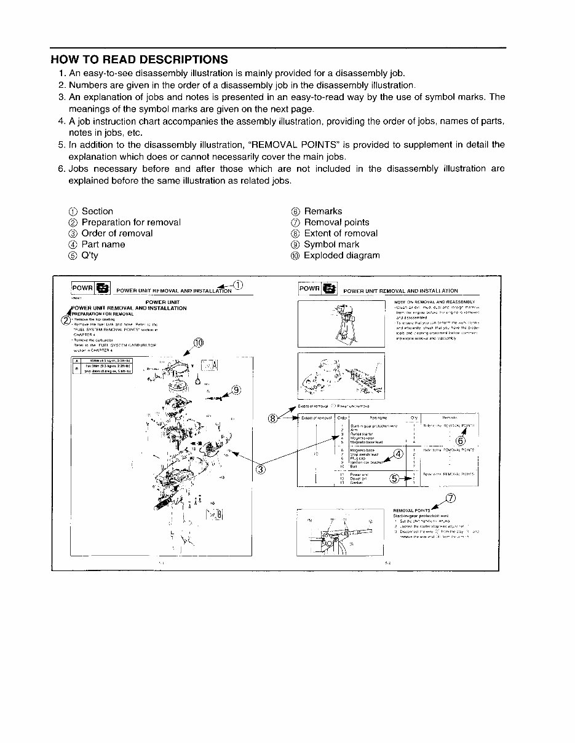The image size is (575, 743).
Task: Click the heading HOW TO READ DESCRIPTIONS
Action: tap(139, 60)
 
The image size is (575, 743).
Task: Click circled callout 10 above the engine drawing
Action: tap(197, 343)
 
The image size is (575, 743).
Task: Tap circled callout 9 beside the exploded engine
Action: tap(236, 390)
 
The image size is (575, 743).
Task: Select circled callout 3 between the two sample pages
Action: tap(260, 470)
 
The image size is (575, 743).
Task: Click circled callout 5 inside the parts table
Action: tap(395, 479)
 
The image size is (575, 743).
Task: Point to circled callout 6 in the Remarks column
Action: tap(461, 440)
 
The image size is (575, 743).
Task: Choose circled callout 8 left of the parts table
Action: tap(274, 418)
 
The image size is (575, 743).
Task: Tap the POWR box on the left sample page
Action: tap(82, 288)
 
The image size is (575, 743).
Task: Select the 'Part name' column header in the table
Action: tap(378, 418)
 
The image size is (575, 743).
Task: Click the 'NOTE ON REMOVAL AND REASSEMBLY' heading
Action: tap(434, 302)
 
